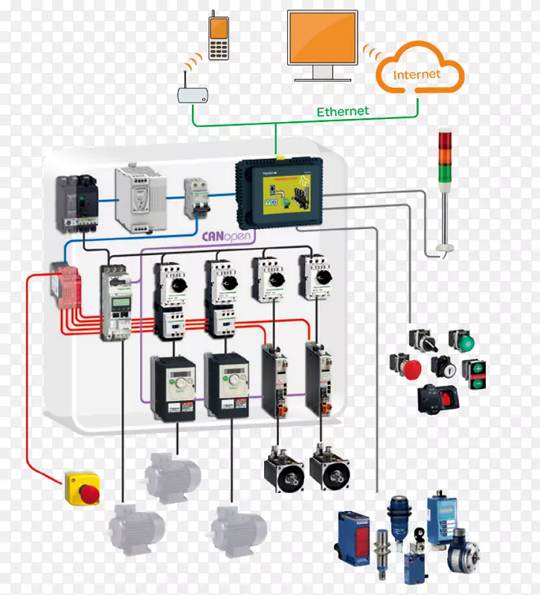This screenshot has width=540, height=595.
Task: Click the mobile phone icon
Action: coord(218,37)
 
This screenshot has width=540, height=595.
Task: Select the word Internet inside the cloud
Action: coord(417,75)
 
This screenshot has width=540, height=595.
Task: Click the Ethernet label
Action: coord(343,112)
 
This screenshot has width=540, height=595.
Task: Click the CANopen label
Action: coord(229,237)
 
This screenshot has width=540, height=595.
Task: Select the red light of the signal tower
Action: coord(445,138)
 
